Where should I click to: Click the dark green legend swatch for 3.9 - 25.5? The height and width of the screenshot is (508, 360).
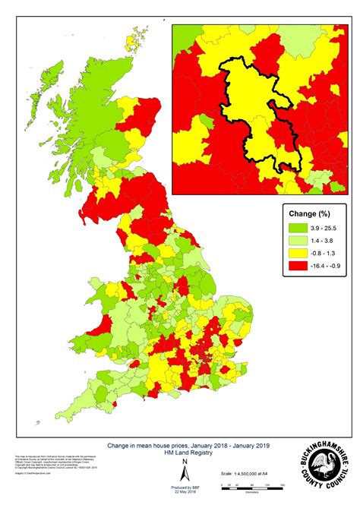pyautogui.click(x=295, y=226)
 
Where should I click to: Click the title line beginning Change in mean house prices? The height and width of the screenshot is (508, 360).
pyautogui.click(x=185, y=445)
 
